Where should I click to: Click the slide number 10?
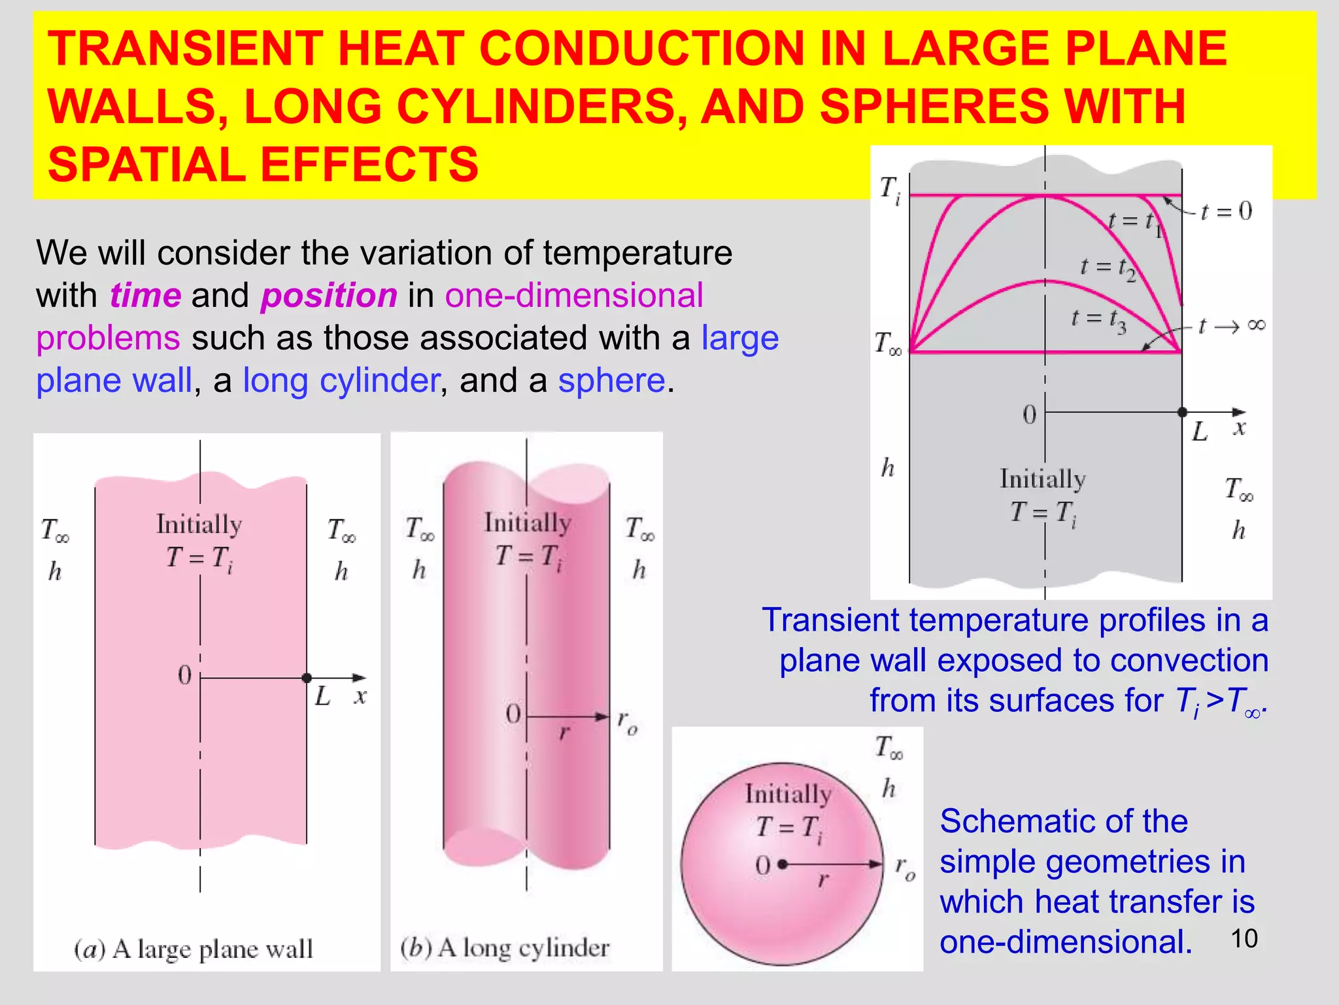(1244, 938)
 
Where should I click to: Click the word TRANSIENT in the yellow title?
(184, 50)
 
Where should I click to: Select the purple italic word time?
(145, 295)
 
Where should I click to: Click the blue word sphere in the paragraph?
(611, 380)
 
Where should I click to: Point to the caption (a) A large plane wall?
(194, 949)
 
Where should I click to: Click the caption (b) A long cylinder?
(505, 947)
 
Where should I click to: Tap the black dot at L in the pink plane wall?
(307, 678)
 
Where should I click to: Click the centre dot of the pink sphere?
(783, 864)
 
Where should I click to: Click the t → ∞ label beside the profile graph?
(1232, 325)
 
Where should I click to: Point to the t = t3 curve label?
(1098, 320)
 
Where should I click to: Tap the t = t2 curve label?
(1108, 268)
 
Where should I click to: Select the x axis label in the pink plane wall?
(360, 696)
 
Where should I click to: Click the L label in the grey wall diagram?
(1200, 432)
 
